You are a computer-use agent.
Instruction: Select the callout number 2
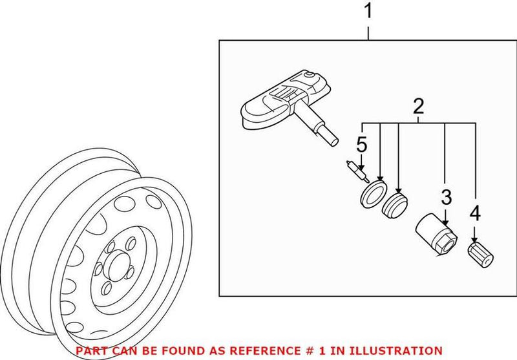pos(419,105)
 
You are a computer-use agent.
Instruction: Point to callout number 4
pos(476,212)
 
